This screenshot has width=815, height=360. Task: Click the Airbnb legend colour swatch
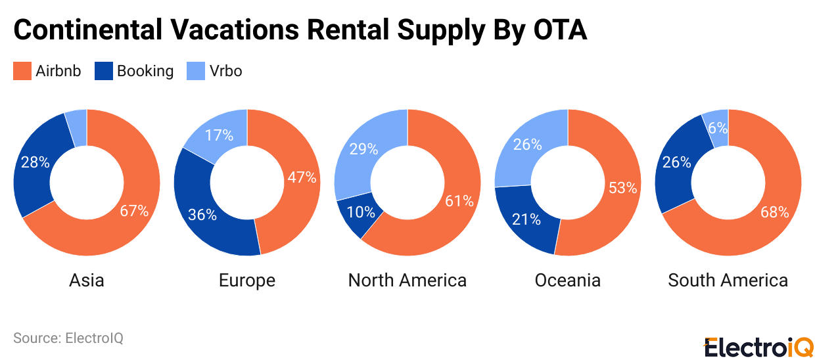[22, 71]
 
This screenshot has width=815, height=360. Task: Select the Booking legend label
[145, 71]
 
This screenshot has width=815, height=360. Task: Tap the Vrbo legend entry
[225, 71]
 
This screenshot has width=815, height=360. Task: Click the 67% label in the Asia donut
[134, 211]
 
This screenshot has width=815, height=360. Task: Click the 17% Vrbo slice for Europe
[219, 135]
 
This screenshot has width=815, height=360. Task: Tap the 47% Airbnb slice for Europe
[302, 177]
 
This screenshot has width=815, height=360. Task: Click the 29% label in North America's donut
[363, 149]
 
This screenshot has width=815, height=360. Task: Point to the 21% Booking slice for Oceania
[526, 219]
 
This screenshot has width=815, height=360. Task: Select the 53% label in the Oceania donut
[622, 188]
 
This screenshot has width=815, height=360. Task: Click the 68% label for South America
[774, 212]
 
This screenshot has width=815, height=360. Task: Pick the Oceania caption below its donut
[567, 281]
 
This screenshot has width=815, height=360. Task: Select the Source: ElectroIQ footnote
[68, 338]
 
